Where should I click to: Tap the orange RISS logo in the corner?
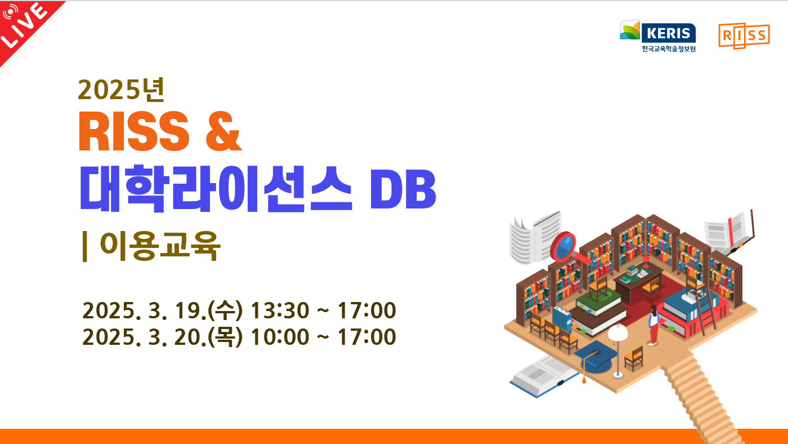point(744,35)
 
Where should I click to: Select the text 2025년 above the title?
point(121,90)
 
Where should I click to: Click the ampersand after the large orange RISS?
point(223,131)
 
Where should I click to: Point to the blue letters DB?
point(403,189)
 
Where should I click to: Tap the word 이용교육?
point(160,246)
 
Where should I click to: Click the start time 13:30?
point(280,310)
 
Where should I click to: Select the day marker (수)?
point(225,310)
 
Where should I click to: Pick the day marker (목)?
point(225,337)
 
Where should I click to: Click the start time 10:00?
point(280,337)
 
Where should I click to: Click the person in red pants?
point(653,325)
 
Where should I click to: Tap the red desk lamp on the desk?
point(646,261)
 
